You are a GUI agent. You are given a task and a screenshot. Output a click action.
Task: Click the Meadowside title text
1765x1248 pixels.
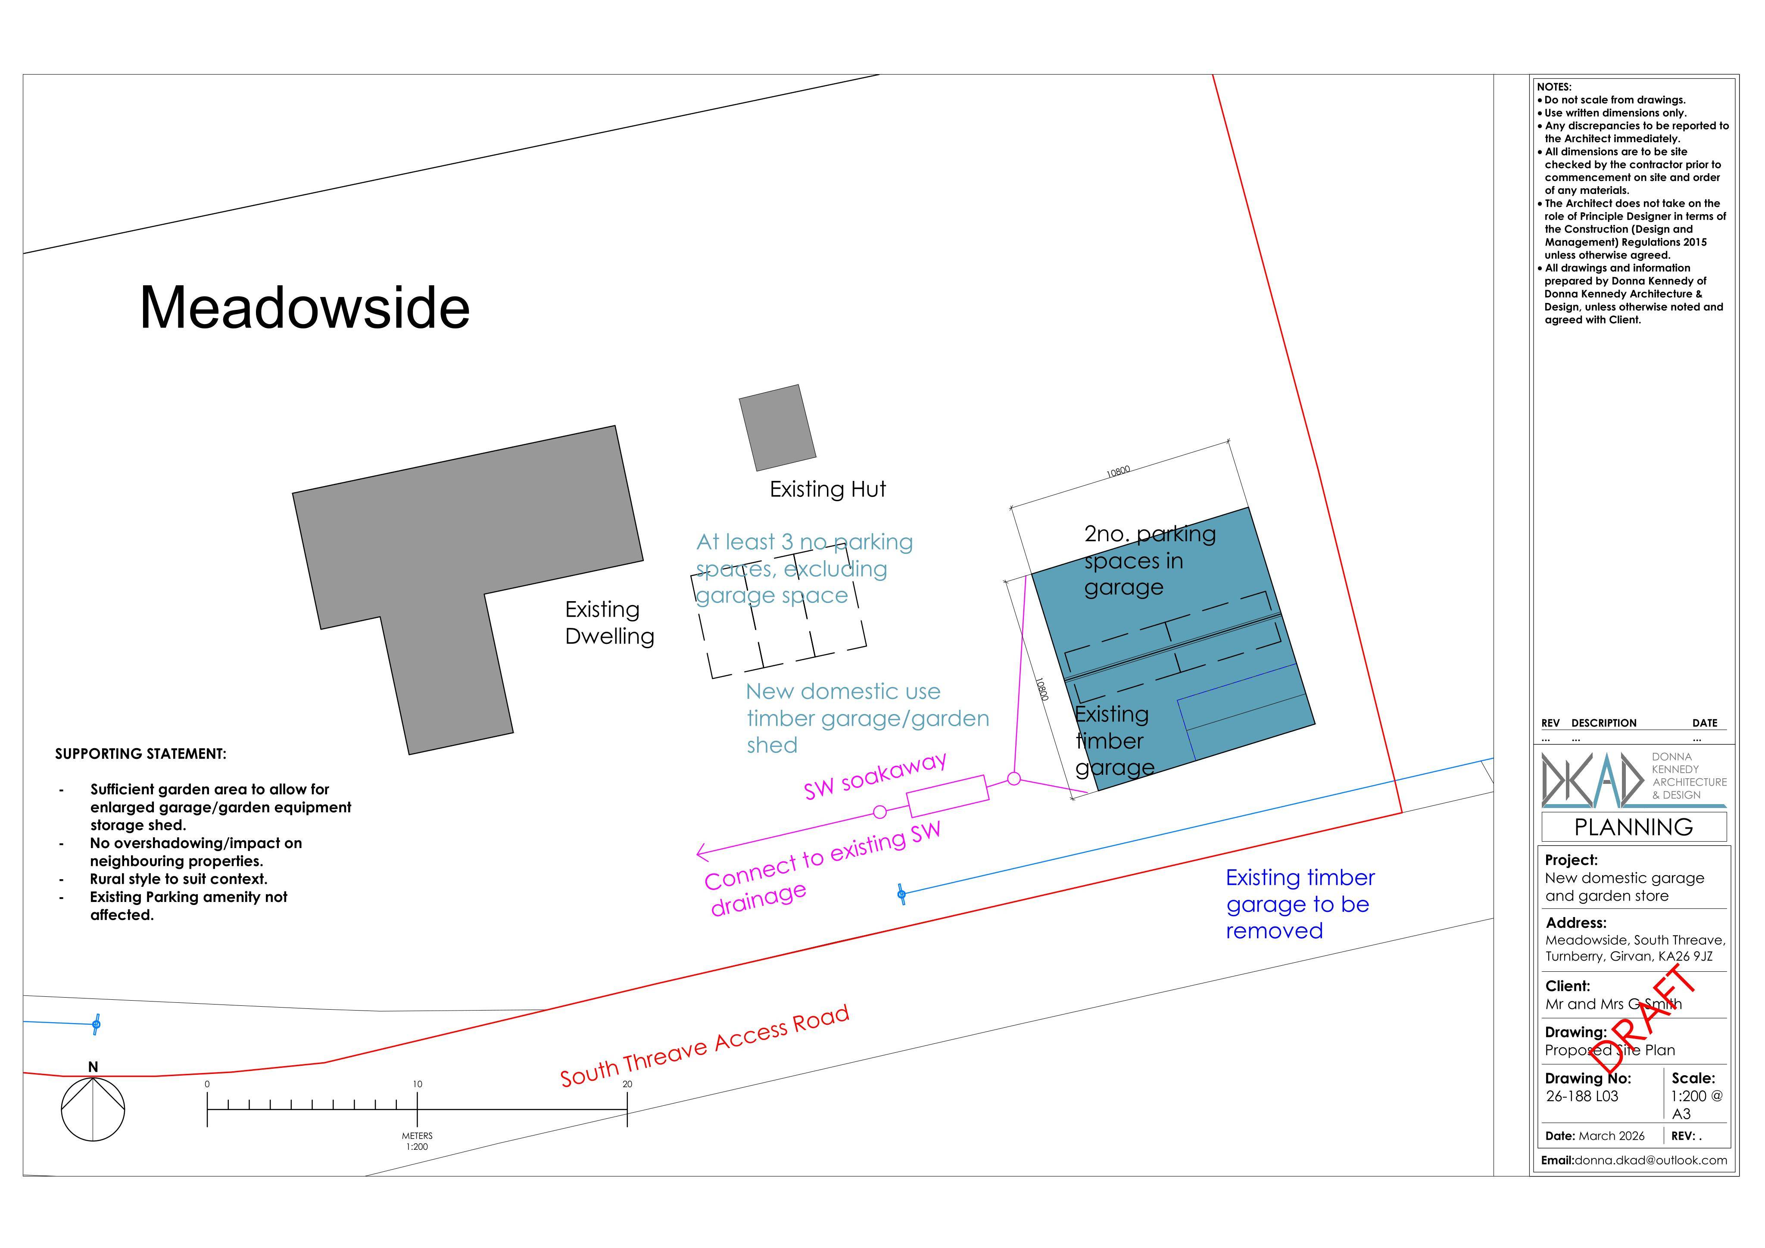point(304,308)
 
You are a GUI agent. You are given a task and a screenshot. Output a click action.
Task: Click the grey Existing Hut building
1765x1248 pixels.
point(777,427)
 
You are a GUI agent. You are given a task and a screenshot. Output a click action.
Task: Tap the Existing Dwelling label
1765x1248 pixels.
point(610,623)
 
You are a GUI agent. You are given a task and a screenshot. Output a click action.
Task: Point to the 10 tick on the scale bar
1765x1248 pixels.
point(418,1110)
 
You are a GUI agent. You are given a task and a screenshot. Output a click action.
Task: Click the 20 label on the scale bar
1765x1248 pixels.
point(627,1084)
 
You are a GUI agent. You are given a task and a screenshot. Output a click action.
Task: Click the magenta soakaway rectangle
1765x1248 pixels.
point(948,796)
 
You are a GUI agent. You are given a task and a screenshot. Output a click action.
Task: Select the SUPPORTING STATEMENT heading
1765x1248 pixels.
point(140,754)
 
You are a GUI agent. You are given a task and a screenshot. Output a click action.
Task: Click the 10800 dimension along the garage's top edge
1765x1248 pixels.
point(1119,471)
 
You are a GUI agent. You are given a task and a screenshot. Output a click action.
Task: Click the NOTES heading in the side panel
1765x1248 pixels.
point(1554,87)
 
